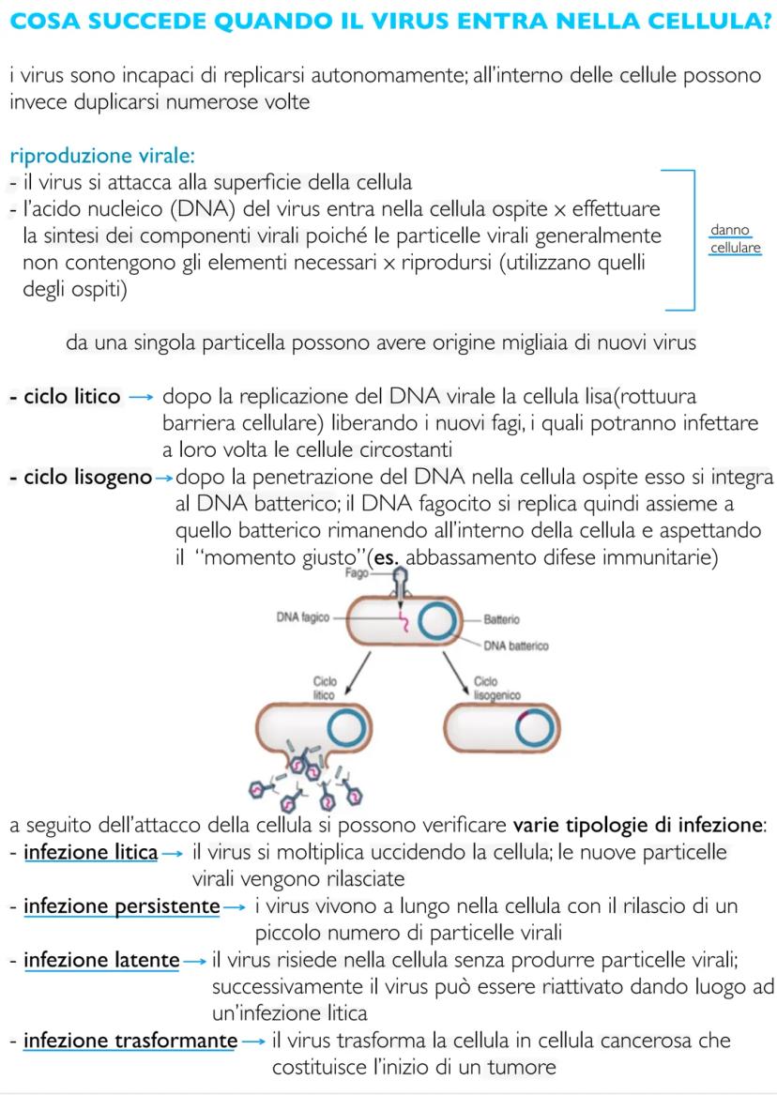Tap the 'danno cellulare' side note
coord(735,240)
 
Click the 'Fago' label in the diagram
coord(357,573)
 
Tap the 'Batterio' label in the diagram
coord(503,620)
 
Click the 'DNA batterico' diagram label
coord(516,646)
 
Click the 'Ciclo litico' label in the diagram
coord(324,689)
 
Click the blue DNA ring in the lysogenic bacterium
coord(535,728)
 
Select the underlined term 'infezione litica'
coord(90,853)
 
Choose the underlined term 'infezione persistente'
coord(121,906)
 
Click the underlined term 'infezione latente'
coord(101,960)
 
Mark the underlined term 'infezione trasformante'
coord(129,1041)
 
